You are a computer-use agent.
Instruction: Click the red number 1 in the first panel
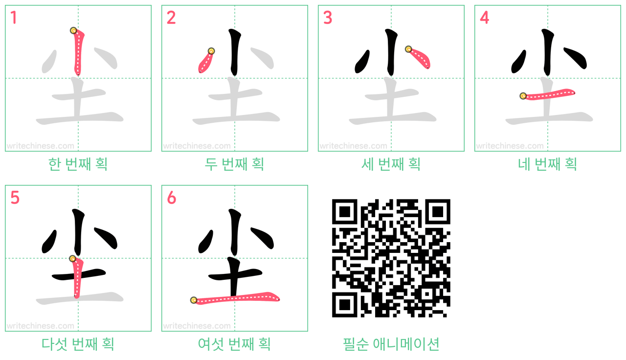[x=14, y=18]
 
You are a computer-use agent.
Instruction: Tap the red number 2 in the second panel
[x=171, y=18]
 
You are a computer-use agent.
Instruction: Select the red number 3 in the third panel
[x=328, y=18]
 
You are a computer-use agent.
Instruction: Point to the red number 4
[x=484, y=18]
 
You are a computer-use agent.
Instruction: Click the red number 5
[x=15, y=198]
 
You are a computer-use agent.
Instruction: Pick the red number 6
[x=171, y=198]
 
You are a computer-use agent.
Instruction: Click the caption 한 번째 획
[x=78, y=164]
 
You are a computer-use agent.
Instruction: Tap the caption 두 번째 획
[x=234, y=164]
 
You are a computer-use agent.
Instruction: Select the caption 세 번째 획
[x=391, y=164]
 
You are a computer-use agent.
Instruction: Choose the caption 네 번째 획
[x=547, y=164]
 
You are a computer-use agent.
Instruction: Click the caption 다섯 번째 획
[x=78, y=344]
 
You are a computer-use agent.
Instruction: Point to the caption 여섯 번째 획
[x=234, y=344]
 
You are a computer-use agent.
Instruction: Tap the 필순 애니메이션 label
[x=391, y=344]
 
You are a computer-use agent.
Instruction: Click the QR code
[x=391, y=258]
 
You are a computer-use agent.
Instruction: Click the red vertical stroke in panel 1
[x=79, y=52]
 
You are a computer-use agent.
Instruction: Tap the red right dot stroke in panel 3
[x=420, y=58]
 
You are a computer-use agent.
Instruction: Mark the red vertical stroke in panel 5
[x=77, y=277]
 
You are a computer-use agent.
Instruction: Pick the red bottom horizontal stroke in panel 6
[x=236, y=298]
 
